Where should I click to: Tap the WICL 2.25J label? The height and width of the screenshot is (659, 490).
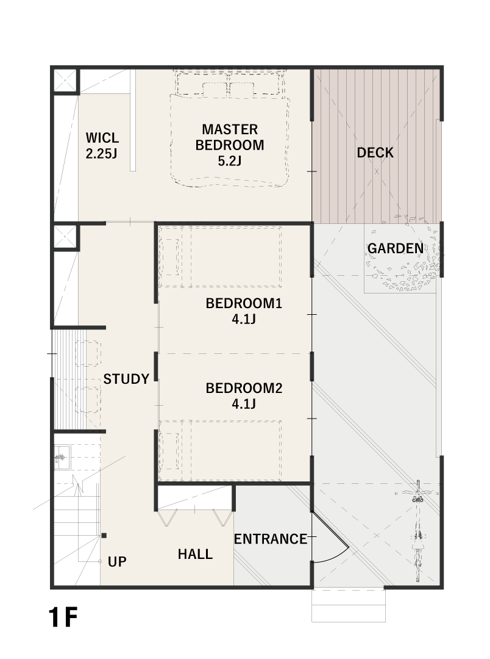pos(102,145)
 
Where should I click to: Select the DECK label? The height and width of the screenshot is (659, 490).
pos(375,153)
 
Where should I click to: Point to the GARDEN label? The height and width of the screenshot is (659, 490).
pos(396,248)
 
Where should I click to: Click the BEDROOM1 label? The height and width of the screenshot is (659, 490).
pos(244,303)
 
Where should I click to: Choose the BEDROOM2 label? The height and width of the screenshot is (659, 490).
pos(244,388)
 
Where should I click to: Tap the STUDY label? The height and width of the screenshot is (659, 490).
pos(126,379)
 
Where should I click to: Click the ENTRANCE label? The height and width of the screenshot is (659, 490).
pos(271,539)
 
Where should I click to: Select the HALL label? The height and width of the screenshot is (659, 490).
pos(195,554)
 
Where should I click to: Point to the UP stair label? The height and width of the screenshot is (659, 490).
pos(117,562)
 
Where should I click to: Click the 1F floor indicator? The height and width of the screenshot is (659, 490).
pos(63,618)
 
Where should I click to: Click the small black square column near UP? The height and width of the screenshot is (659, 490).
pos(104,536)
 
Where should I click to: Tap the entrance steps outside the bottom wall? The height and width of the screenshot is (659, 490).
pos(349,606)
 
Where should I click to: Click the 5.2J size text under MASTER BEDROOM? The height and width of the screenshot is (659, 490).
pos(230,161)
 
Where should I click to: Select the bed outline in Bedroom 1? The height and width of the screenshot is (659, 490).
pos(220,257)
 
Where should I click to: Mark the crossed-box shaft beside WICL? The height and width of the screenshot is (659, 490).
pos(65,81)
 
